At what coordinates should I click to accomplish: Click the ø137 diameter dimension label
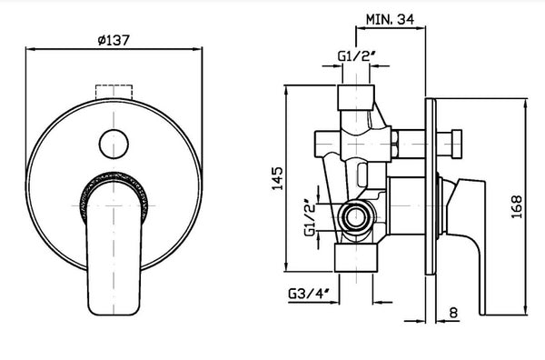[114, 40]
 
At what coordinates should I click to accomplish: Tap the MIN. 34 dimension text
[390, 19]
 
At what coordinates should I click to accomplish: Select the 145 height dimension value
[277, 179]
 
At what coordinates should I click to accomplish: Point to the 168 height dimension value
[517, 206]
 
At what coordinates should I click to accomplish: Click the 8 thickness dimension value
[453, 313]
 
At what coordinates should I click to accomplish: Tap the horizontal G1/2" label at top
[358, 56]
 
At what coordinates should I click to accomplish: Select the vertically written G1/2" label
[310, 218]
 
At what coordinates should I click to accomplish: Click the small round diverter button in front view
[114, 144]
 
